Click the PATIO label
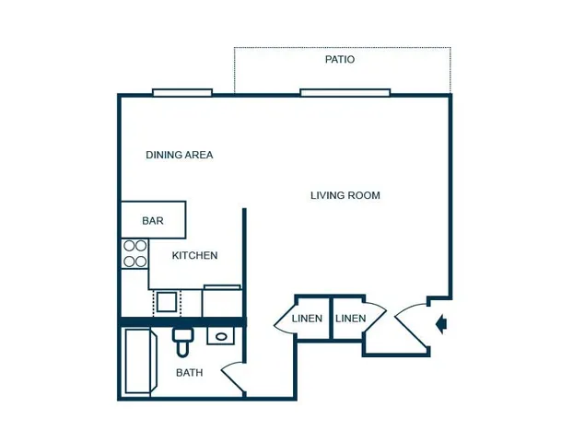[x=340, y=59]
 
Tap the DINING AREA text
[x=180, y=155]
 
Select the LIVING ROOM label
[x=345, y=195]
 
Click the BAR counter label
[x=153, y=221]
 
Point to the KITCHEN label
[x=194, y=255]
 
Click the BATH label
[x=189, y=373]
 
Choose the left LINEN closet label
[x=307, y=319]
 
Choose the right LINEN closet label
[x=350, y=319]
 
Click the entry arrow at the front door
[x=441, y=323]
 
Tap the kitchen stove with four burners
[x=134, y=253]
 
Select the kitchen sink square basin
[x=167, y=302]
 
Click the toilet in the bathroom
[x=183, y=342]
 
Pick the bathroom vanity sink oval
[x=221, y=336]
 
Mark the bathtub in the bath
[x=138, y=361]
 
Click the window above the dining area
[x=182, y=92]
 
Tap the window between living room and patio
[x=345, y=92]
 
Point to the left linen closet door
[x=282, y=318]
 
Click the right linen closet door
[x=377, y=317]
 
